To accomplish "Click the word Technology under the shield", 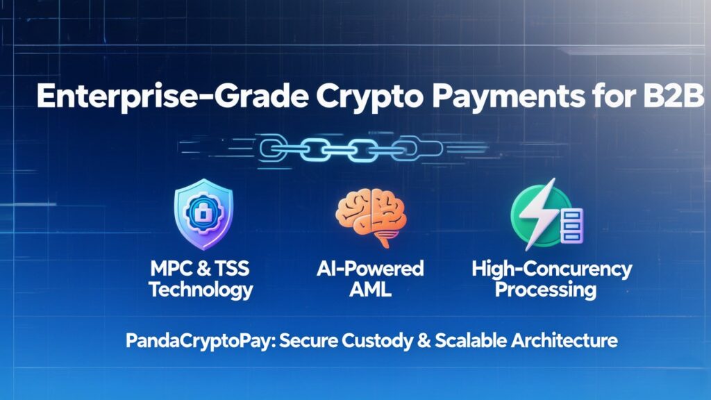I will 201,290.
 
